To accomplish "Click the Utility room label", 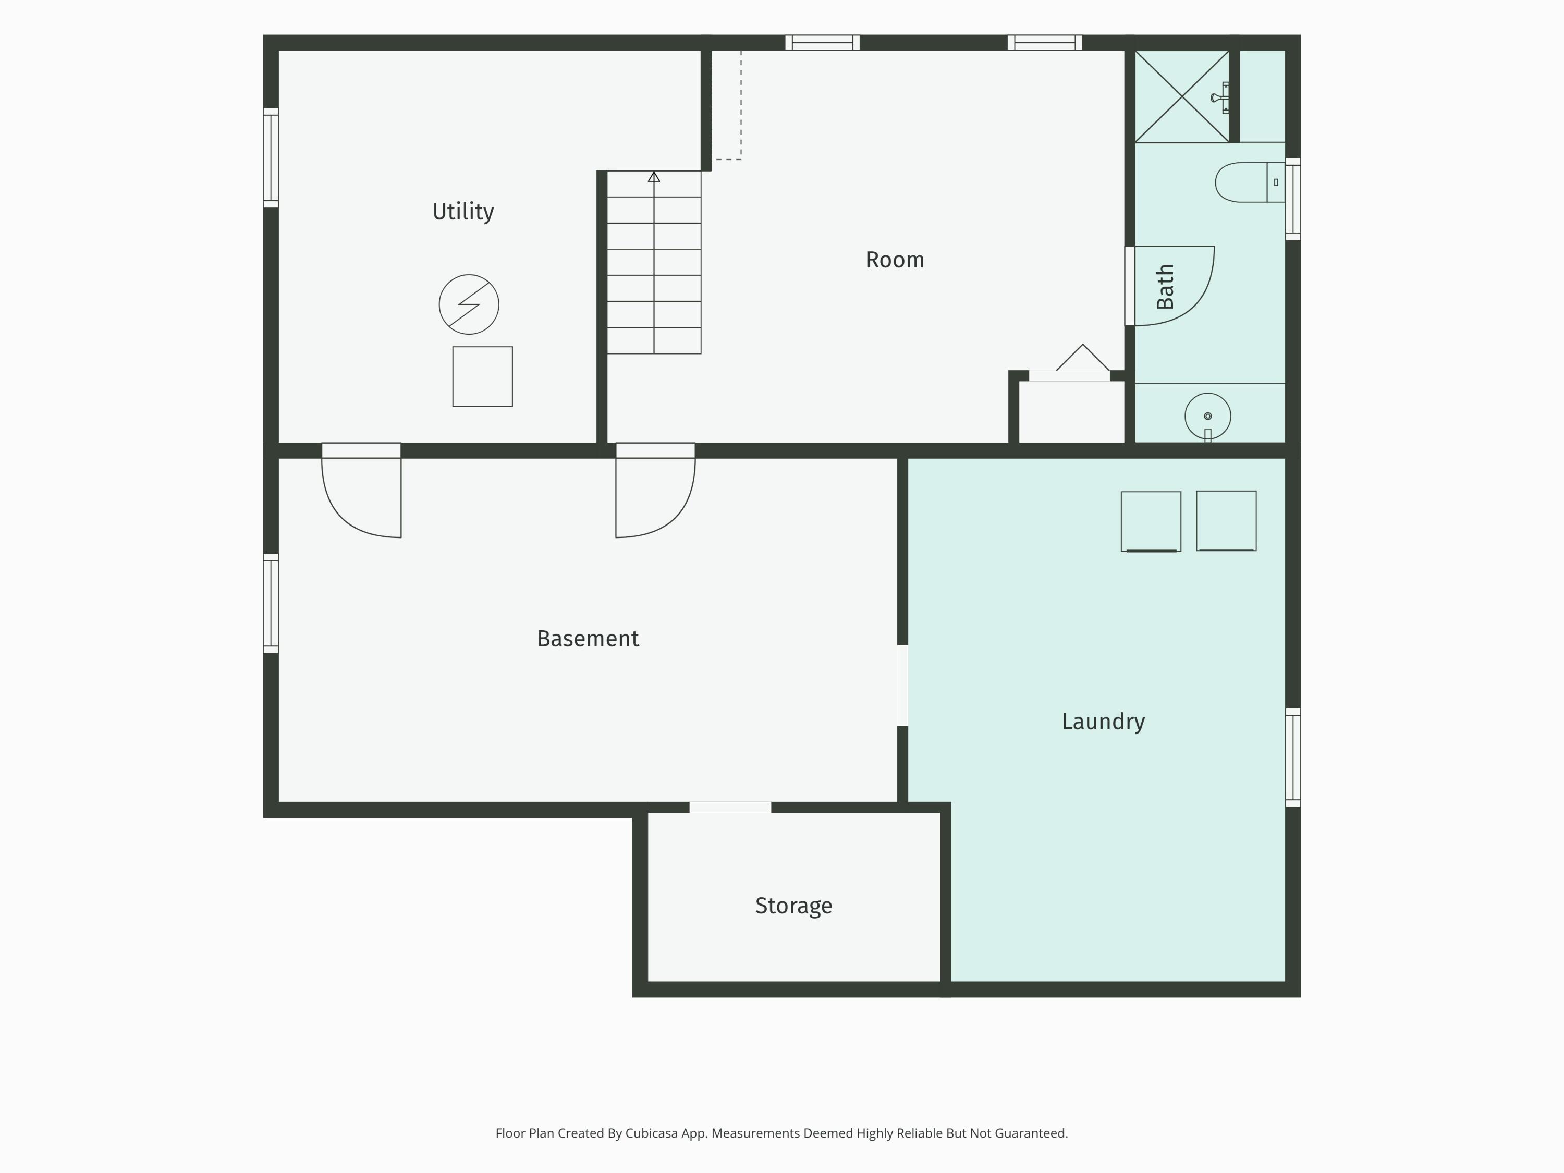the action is (x=463, y=212).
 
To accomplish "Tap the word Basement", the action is (x=588, y=639).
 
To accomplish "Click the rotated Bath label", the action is (x=1165, y=286).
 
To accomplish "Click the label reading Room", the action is (x=895, y=260).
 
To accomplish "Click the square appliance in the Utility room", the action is (x=483, y=377).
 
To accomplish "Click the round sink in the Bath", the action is (x=1207, y=417).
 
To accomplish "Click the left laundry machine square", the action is (x=1151, y=522).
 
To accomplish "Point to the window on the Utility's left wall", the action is (x=271, y=157).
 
